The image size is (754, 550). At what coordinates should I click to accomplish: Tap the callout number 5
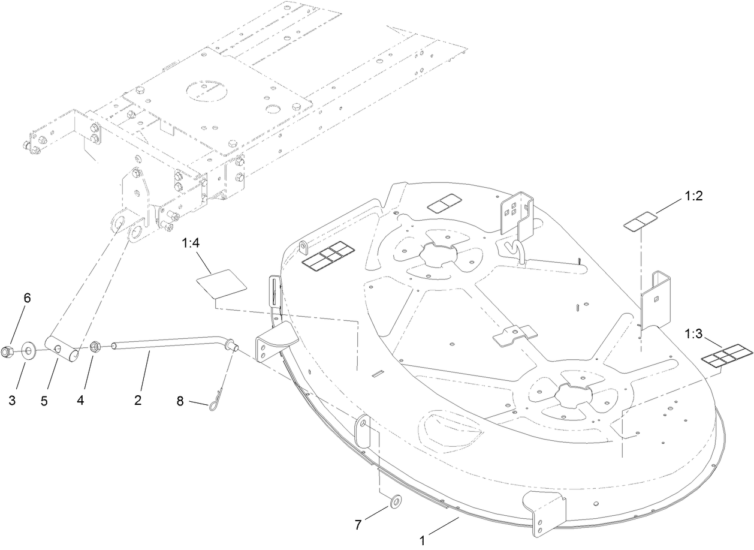(44, 401)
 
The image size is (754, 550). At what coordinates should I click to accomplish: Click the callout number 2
(138, 399)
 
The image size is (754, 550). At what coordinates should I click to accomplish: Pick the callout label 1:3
(694, 334)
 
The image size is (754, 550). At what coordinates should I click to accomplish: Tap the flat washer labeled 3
(28, 351)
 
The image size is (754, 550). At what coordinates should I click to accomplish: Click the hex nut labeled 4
(94, 346)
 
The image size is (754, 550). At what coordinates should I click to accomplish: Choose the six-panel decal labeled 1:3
(725, 355)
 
